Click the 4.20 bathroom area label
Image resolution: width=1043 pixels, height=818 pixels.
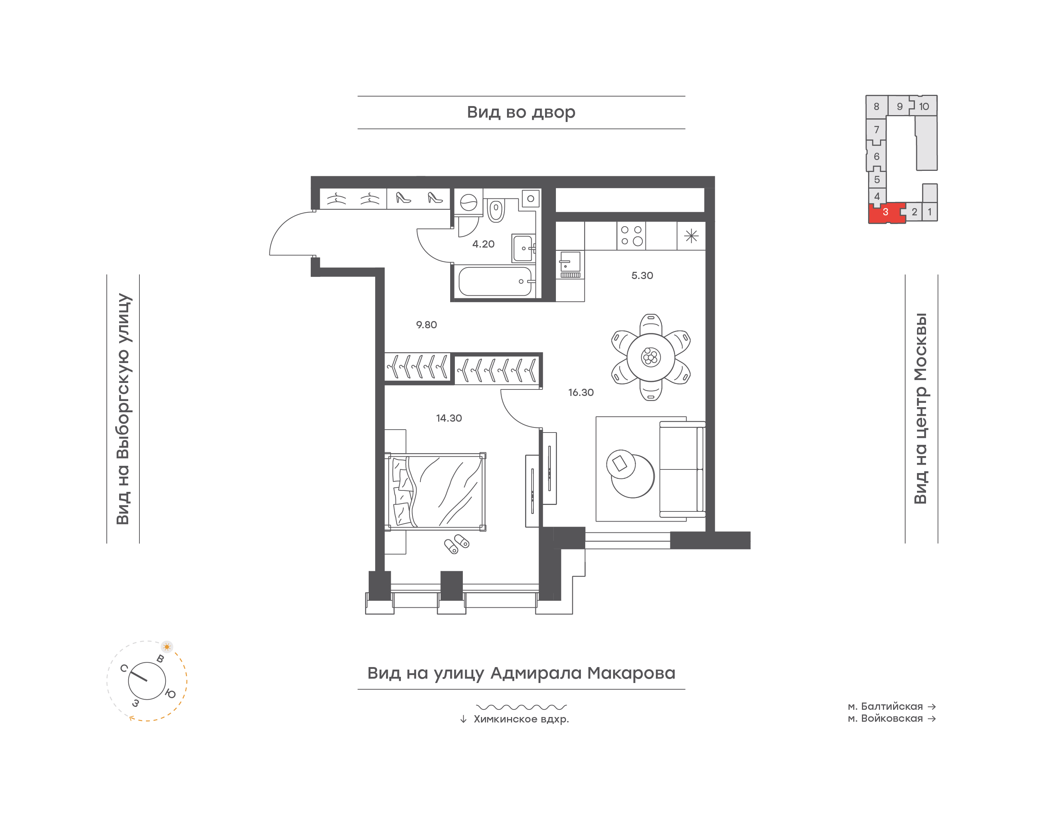pos(483,244)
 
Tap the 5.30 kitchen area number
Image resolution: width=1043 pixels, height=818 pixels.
pos(642,275)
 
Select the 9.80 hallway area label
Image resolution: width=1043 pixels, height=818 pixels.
pos(426,325)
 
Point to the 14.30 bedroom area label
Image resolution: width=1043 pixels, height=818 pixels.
pos(449,418)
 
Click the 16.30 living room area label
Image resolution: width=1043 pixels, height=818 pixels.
pos(581,393)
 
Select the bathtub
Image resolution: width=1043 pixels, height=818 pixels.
pos(495,281)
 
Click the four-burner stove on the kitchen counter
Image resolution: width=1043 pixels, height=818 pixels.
pos(631,236)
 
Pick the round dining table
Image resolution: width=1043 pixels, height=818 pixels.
pos(651,357)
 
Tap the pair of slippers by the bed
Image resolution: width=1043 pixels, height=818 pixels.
pos(457,544)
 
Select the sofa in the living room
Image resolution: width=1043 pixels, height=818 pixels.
pos(682,469)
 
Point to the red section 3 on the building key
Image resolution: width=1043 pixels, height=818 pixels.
pos(886,212)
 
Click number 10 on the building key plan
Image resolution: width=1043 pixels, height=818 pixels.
pos(924,107)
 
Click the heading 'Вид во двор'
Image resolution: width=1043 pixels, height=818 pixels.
pos(521,113)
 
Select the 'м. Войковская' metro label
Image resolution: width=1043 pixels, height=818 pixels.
pos(885,718)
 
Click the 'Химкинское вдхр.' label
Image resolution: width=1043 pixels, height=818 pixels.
pos(521,719)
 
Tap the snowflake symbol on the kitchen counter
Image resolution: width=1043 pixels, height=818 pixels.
pos(691,236)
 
